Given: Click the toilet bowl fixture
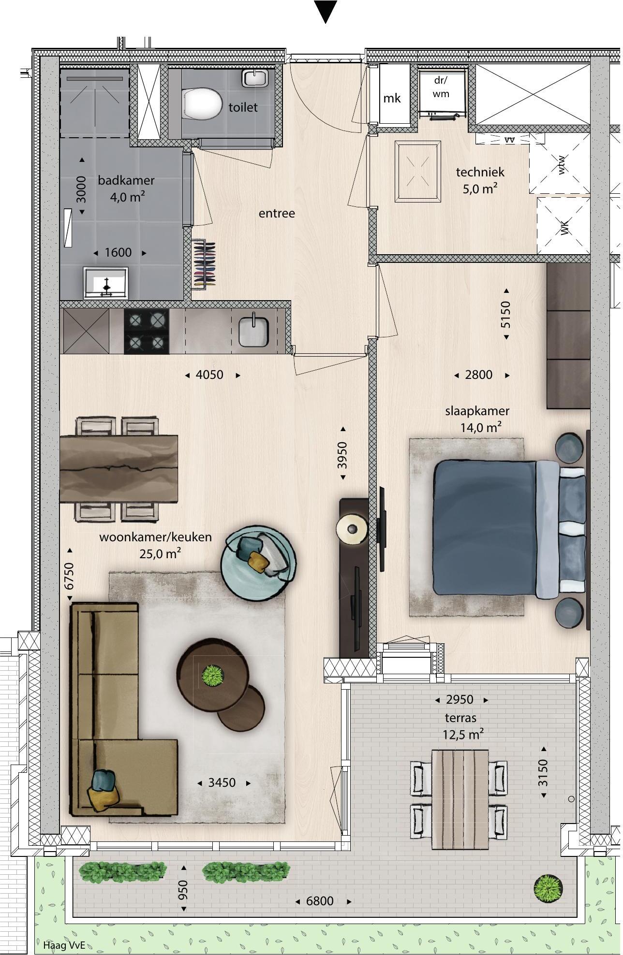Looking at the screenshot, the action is [x=202, y=103].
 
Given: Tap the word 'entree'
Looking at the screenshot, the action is [x=277, y=213].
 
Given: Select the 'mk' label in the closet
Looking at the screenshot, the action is [x=392, y=99].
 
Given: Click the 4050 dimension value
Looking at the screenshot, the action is [x=209, y=375].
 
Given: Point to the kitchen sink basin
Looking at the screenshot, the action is [x=253, y=330].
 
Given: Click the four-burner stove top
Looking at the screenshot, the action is [x=147, y=332].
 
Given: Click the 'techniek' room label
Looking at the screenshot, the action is [x=480, y=172].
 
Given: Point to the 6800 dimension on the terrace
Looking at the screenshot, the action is [x=320, y=901].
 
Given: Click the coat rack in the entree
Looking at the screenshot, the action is [x=203, y=264].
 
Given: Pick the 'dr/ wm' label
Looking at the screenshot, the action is [x=441, y=87].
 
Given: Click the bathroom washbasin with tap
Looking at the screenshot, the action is [x=105, y=283].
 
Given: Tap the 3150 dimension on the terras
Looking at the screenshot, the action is [x=544, y=773].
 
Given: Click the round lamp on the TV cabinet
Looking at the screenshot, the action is [x=353, y=529].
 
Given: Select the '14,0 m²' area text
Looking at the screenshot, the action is [x=480, y=427].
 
